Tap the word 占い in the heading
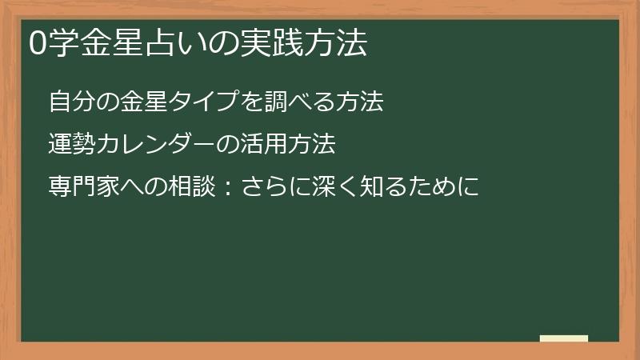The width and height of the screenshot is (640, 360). pyautogui.click(x=178, y=45)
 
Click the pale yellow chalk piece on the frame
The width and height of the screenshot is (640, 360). pyautogui.click(x=563, y=338)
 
